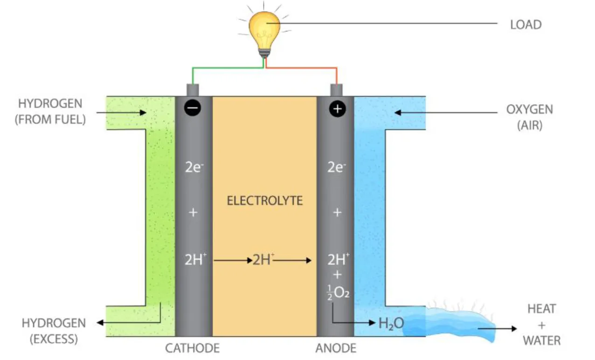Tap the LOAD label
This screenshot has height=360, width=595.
[526, 25]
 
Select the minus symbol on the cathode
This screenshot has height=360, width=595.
[193, 108]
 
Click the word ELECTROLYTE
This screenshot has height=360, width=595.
[264, 201]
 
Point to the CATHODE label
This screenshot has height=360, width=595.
[192, 348]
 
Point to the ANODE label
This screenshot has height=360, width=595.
[336, 348]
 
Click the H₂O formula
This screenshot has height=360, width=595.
[391, 323]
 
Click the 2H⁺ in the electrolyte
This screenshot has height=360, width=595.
[263, 260]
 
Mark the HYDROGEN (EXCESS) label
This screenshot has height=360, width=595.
[54, 330]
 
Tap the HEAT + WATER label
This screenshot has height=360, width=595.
[541, 324]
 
